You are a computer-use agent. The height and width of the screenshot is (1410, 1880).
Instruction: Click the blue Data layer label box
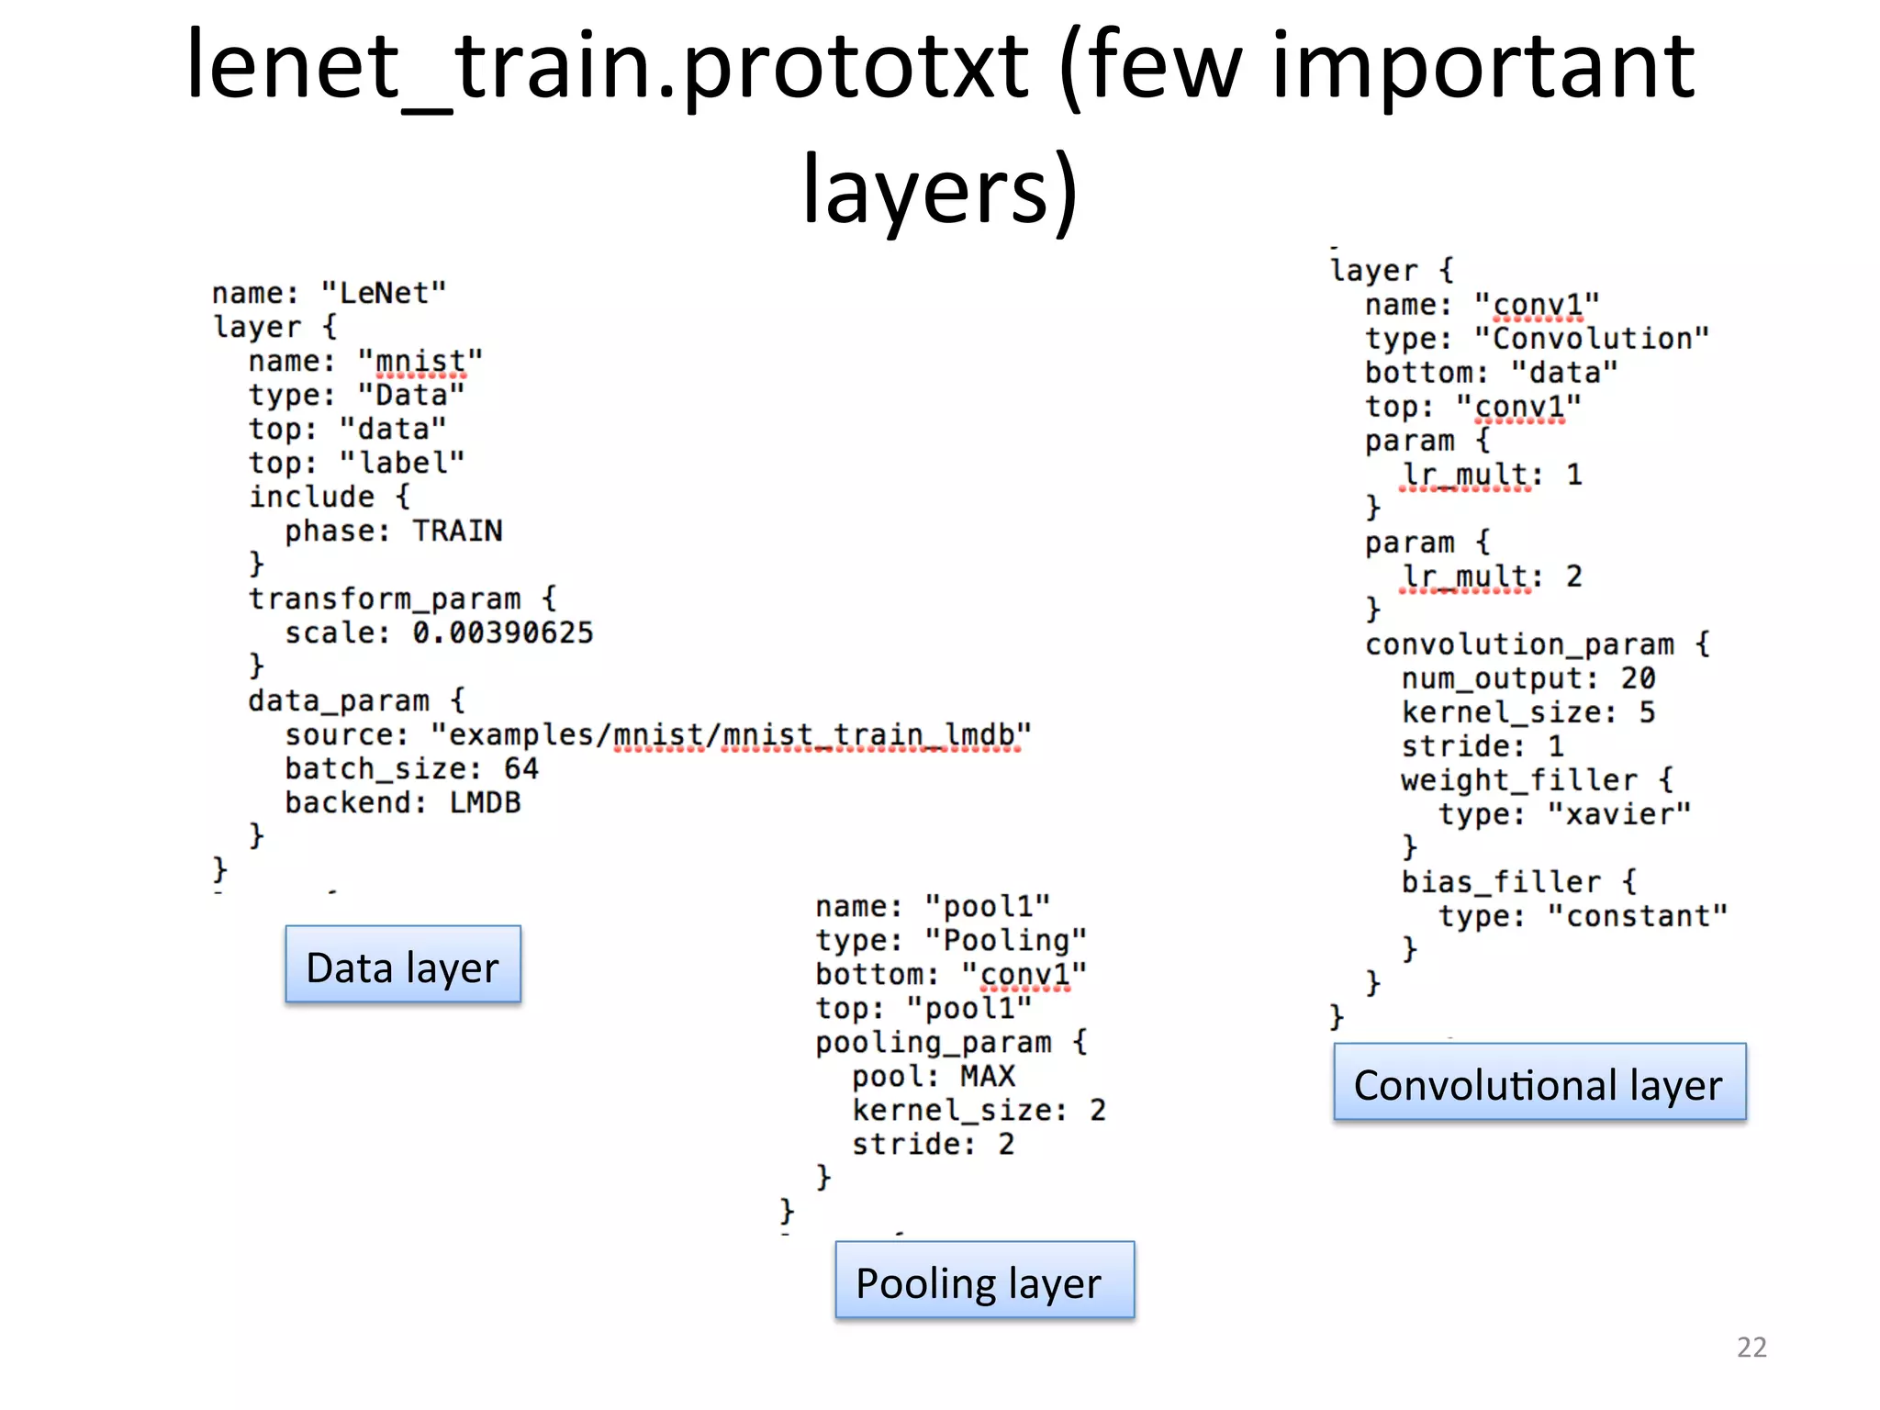click(x=403, y=965)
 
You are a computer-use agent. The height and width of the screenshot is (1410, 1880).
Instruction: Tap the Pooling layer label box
click(x=984, y=1281)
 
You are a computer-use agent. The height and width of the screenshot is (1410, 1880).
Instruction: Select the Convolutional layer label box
click(x=1539, y=1082)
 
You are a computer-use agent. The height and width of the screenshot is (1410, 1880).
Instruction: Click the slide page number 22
click(x=1751, y=1347)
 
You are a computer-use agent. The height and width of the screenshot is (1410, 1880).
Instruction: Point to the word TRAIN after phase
click(x=457, y=532)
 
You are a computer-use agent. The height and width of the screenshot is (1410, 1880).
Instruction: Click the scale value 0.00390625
click(x=502, y=633)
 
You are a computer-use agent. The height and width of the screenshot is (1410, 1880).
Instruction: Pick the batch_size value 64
click(x=520, y=769)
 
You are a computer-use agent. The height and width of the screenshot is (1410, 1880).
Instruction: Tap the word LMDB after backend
click(x=485, y=803)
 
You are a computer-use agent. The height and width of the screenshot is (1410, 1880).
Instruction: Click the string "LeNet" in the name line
click(x=384, y=294)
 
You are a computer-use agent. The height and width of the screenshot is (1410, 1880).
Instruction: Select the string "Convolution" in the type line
click(x=1592, y=339)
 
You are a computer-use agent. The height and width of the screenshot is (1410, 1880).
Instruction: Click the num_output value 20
click(x=1638, y=678)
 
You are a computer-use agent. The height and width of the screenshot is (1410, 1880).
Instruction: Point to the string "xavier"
click(x=1618, y=814)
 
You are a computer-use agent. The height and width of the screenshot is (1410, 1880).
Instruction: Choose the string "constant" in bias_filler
click(x=1637, y=916)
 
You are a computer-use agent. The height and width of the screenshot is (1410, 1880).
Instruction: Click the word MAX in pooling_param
click(x=988, y=1076)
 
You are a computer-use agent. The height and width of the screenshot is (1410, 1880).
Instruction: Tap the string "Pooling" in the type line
click(x=1006, y=940)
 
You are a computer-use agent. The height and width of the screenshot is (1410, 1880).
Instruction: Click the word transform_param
click(x=385, y=599)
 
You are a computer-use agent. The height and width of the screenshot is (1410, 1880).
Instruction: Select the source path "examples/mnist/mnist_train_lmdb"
click(x=732, y=735)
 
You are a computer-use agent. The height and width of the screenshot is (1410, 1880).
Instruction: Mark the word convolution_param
click(x=1519, y=645)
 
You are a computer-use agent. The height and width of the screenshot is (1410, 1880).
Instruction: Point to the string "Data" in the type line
click(x=411, y=396)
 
